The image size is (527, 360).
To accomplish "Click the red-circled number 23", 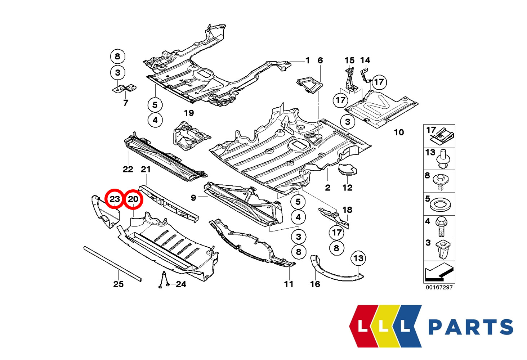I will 114,199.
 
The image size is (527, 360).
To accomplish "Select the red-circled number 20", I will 133,199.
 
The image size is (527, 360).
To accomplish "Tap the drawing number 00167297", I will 439,287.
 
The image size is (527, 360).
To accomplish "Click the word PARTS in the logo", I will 470,327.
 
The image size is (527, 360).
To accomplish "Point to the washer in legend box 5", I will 439,204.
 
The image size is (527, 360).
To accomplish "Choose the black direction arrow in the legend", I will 439,273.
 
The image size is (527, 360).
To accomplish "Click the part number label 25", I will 118,284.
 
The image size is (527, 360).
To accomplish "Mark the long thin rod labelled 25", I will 112,263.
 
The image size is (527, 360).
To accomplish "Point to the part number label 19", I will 189,113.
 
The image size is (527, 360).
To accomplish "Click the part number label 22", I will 128,169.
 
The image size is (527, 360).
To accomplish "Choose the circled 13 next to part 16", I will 358,258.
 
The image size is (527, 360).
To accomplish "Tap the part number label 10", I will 399,132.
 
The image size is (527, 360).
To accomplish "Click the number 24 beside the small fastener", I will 181,284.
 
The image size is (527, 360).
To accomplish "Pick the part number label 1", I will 307,60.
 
